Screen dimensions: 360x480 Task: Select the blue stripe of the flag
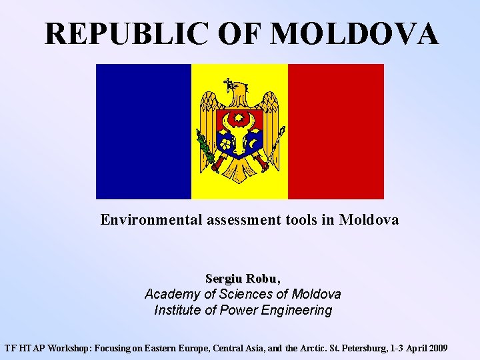pos(143,131)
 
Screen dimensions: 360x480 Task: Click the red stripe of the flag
pos(335,131)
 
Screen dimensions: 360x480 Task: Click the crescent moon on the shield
pos(253,142)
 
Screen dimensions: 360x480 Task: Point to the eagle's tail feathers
pos(240,167)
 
